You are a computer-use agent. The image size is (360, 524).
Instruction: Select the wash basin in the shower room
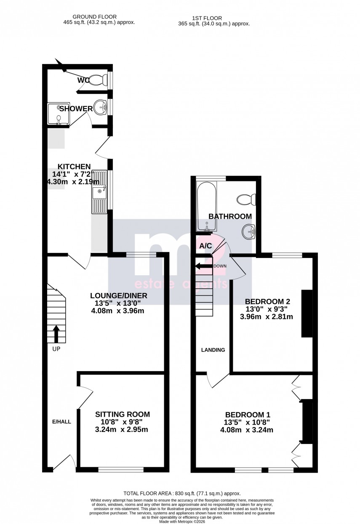pos(100,107)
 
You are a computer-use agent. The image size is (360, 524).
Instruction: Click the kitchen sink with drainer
pos(100,192)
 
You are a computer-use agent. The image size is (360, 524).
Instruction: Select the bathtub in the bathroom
pos(206,206)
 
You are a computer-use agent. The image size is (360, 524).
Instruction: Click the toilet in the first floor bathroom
pos(245,198)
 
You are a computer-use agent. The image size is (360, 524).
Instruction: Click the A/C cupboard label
pos(205,246)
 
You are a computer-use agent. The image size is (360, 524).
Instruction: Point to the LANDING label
pos(213,350)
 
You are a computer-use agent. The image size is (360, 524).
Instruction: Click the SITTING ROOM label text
pos(122,415)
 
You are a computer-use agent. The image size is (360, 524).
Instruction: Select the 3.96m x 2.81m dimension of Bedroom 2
pos(269,317)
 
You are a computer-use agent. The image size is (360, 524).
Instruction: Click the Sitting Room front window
pos(121,469)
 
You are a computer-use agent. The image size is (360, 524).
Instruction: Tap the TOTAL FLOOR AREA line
pos(181,493)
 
